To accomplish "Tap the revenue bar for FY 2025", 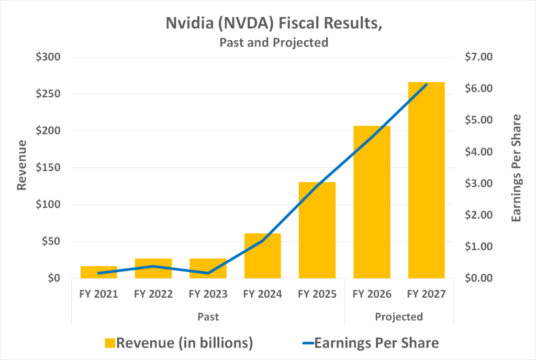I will point(317,230).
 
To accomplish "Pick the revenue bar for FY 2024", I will point(263,256).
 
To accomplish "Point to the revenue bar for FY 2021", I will point(99,272).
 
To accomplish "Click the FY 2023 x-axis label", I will point(208,294).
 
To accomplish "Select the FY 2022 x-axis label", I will point(153,294).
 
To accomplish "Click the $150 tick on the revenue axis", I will point(49,168).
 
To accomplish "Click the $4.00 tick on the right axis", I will point(478,152).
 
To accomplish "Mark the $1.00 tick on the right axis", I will point(478,246).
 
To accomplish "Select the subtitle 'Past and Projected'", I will point(274,42).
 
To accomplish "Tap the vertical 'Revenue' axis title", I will point(22,165).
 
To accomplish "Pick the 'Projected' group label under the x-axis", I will point(399,317).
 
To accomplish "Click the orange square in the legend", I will point(109,343).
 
